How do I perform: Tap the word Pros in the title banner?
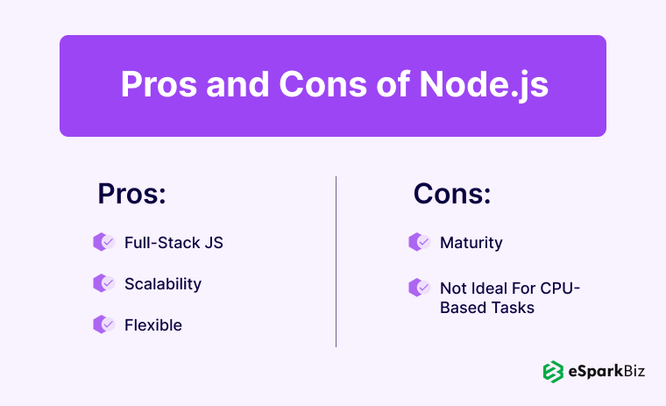[157, 85]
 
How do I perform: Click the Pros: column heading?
[131, 195]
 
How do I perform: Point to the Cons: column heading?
[452, 195]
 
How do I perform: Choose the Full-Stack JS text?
[174, 242]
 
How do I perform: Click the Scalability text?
[163, 283]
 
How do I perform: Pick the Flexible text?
[153, 324]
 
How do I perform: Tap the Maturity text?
[471, 242]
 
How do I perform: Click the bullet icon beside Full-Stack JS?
[103, 242]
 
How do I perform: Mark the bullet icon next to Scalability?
[103, 283]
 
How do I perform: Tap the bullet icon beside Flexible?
[103, 324]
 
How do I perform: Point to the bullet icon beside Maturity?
[419, 242]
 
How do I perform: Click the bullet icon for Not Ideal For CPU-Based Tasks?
[419, 288]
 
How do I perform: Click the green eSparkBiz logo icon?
[552, 372]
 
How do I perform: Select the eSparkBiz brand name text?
[605, 372]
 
